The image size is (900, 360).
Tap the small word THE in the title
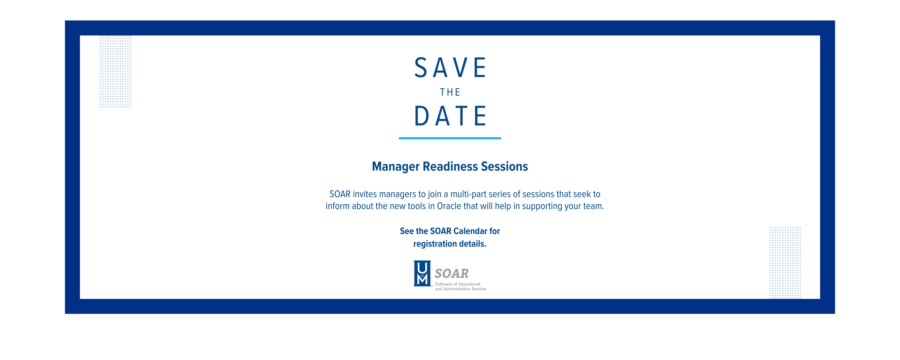click(x=450, y=92)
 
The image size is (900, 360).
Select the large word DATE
click(x=450, y=116)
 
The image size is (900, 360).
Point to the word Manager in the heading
click(x=396, y=167)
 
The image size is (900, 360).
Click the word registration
click(x=435, y=244)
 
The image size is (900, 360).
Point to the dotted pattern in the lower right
click(x=785, y=263)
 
